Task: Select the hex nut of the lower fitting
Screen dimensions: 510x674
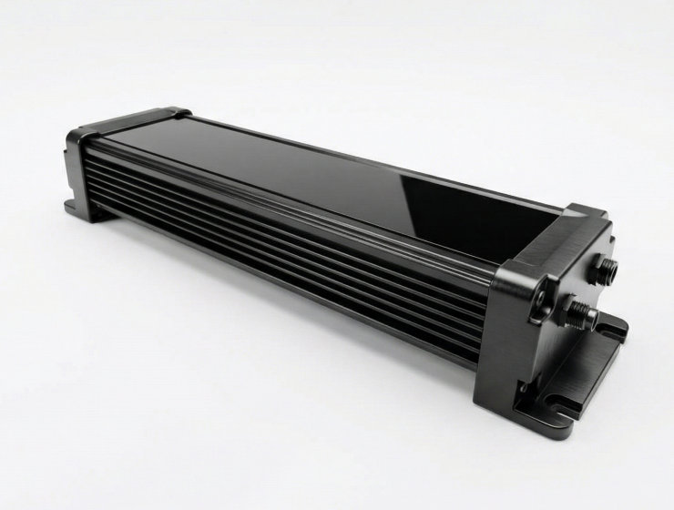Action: point(574,312)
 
